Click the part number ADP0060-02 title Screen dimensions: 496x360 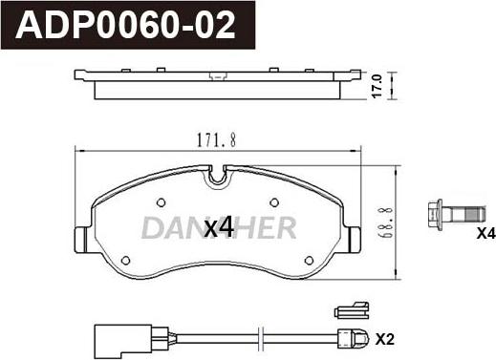tap(125, 25)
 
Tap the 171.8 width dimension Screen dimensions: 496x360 tap(217, 140)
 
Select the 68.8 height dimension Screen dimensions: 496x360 tap(380, 223)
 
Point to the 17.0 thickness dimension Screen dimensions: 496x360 tap(377, 86)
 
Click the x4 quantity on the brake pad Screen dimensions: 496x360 tap(219, 227)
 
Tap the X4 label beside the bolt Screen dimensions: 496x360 tap(486, 234)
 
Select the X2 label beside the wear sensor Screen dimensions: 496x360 tap(385, 339)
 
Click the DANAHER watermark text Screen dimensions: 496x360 tap(219, 227)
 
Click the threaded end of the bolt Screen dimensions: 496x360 tap(476, 214)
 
